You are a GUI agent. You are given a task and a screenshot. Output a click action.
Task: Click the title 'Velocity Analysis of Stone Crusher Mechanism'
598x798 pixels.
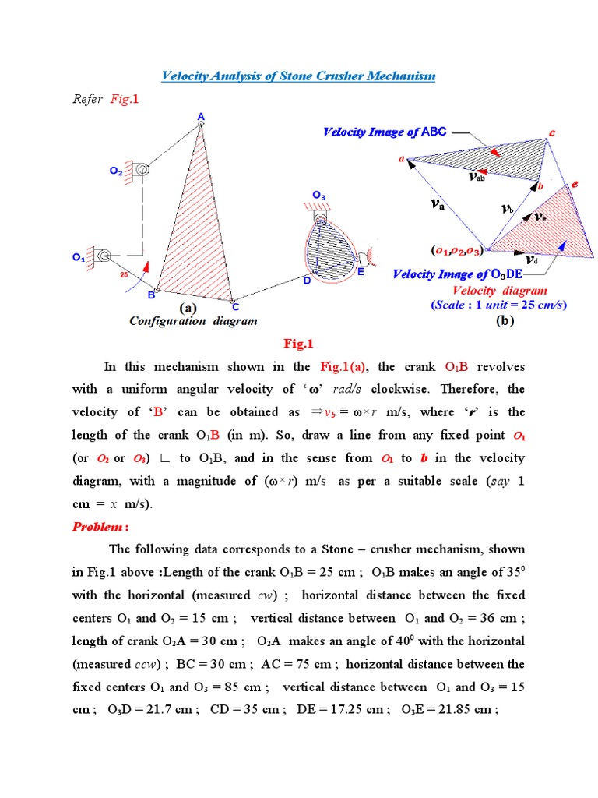pyautogui.click(x=298, y=76)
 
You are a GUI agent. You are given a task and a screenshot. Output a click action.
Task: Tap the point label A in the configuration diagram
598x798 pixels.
pyautogui.click(x=201, y=117)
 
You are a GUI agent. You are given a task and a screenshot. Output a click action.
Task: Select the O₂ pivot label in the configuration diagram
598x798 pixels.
pyautogui.click(x=115, y=172)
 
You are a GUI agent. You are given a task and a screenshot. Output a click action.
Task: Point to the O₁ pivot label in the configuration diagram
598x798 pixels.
pyautogui.click(x=79, y=256)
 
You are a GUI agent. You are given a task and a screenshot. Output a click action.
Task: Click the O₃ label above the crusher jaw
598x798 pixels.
pyautogui.click(x=319, y=195)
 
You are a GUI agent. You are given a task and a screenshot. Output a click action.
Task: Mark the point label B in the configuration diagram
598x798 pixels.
pyautogui.click(x=151, y=296)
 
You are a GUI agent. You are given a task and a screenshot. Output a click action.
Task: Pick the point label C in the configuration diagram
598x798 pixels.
pyautogui.click(x=235, y=307)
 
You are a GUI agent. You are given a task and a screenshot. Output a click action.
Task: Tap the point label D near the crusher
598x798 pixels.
pyautogui.click(x=307, y=281)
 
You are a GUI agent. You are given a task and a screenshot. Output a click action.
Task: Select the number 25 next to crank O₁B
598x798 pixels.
pyautogui.click(x=122, y=275)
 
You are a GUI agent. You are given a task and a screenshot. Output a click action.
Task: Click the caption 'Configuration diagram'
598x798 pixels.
pyautogui.click(x=193, y=321)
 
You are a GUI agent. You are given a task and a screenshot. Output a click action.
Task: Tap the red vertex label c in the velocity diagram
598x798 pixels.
pyautogui.click(x=552, y=133)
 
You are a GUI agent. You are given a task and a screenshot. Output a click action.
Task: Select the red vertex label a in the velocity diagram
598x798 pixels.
pyautogui.click(x=403, y=159)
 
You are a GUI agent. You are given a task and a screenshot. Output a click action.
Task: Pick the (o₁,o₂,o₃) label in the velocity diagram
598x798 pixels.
pyautogui.click(x=457, y=250)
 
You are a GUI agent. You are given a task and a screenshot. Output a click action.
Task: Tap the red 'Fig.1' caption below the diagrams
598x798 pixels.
pyautogui.click(x=299, y=344)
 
